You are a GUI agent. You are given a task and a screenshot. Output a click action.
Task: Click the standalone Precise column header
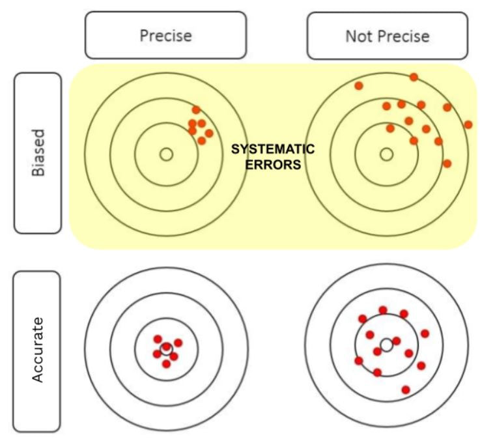(165, 35)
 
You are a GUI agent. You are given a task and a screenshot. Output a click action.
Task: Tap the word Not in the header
(358, 35)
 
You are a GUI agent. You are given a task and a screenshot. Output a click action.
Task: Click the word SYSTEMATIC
(273, 149)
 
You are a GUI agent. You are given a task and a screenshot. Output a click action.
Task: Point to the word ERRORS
(273, 165)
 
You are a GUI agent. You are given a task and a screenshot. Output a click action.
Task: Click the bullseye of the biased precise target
(166, 154)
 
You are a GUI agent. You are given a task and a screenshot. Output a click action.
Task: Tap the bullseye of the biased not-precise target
(386, 154)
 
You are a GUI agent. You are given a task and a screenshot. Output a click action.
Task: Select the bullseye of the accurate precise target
(166, 349)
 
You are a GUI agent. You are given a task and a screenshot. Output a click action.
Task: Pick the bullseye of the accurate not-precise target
(386, 345)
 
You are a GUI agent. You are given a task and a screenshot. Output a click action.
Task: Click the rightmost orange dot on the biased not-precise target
(468, 124)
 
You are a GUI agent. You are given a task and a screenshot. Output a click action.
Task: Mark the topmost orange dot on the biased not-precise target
(414, 77)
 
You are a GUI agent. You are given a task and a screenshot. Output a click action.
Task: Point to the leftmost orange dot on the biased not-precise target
(358, 85)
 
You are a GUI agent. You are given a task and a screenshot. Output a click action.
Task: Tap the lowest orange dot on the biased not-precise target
(447, 164)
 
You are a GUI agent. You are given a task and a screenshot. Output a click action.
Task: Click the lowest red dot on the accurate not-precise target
(406, 390)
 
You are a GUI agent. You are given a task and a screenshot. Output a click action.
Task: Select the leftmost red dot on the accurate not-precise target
(358, 360)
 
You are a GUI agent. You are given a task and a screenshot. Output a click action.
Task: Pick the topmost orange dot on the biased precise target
(196, 110)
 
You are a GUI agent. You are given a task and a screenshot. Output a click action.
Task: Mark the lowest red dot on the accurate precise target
(166, 363)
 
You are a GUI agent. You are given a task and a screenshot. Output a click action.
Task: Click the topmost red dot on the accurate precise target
(157, 339)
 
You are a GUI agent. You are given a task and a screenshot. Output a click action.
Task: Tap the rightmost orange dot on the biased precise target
(209, 133)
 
